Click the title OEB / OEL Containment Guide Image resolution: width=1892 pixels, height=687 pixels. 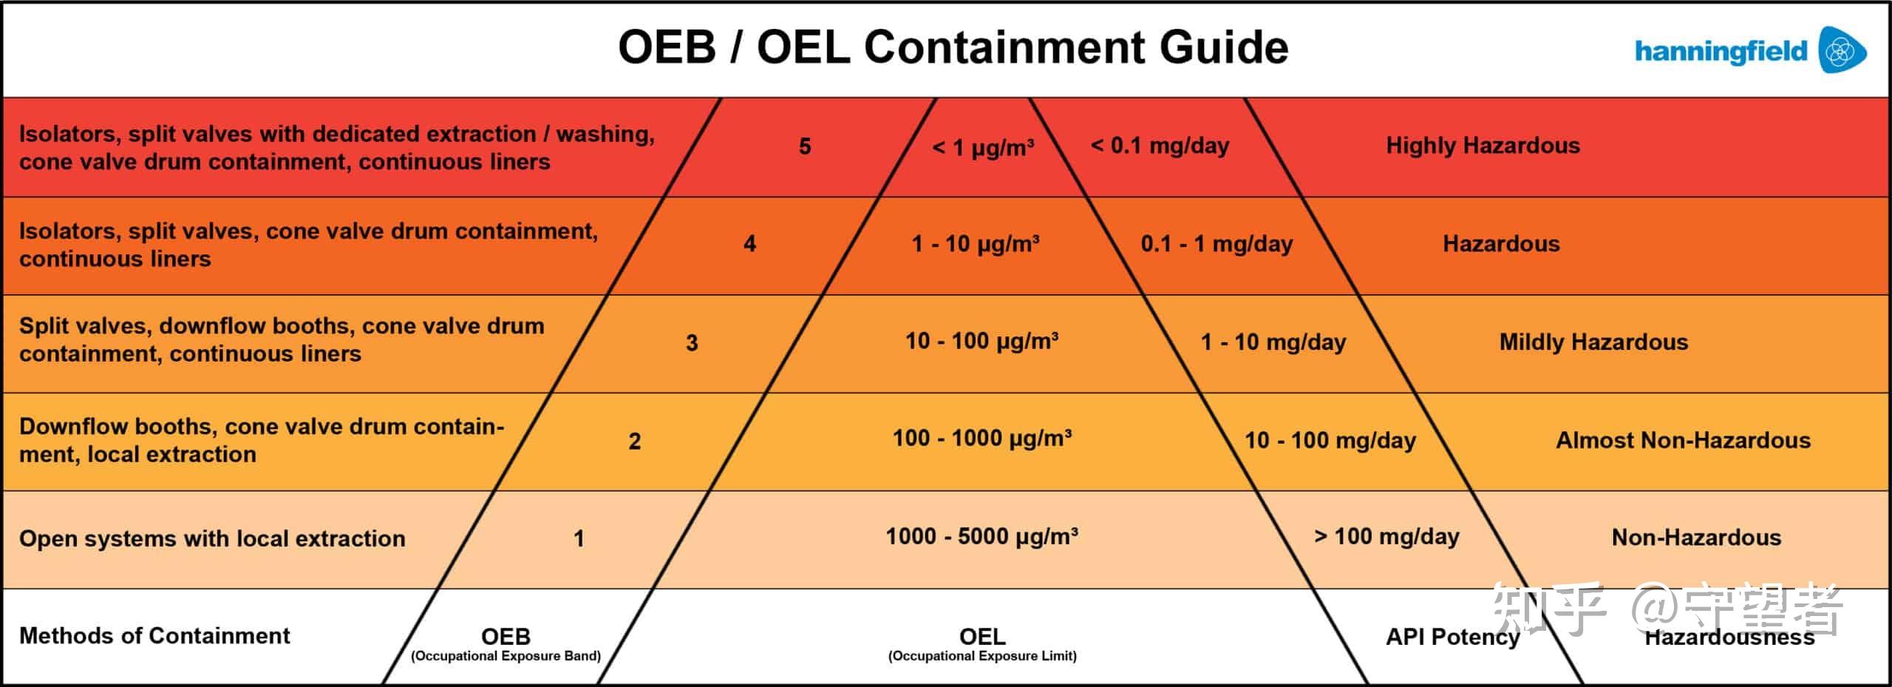pyautogui.click(x=953, y=47)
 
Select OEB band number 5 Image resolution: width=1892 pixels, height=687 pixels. pyautogui.click(x=805, y=146)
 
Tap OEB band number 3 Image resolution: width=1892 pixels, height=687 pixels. pyautogui.click(x=692, y=342)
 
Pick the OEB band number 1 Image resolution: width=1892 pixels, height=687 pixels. pyautogui.click(x=579, y=538)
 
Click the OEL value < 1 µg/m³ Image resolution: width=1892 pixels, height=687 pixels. pyautogui.click(x=982, y=147)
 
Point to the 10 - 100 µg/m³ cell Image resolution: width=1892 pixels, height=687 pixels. pyautogui.click(x=981, y=341)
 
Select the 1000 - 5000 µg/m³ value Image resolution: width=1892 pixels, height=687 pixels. pyautogui.click(x=981, y=536)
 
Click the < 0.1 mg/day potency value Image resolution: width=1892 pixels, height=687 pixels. pyautogui.click(x=1160, y=146)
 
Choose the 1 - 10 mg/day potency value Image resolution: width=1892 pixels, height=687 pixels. pyautogui.click(x=1273, y=342)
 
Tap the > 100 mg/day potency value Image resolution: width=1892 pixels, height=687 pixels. pyautogui.click(x=1386, y=536)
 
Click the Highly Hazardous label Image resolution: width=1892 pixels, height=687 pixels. pyautogui.click(x=1483, y=146)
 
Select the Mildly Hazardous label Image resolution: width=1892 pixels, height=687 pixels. pyautogui.click(x=1593, y=342)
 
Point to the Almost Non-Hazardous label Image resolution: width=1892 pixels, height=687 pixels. pyautogui.click(x=1683, y=440)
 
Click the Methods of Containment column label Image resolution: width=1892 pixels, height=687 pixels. pyautogui.click(x=154, y=635)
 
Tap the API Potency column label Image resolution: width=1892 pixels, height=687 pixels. pyautogui.click(x=1452, y=636)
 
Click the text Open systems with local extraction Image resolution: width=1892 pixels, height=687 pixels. pyautogui.click(x=212, y=538)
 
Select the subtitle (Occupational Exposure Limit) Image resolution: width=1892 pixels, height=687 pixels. pyautogui.click(x=982, y=656)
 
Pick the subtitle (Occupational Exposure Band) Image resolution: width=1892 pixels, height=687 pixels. pyautogui.click(x=506, y=656)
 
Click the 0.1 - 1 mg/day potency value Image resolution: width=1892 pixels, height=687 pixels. pyautogui.click(x=1216, y=243)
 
